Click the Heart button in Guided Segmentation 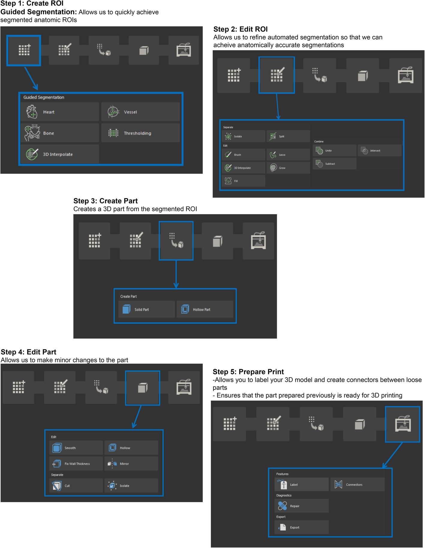click(x=60, y=112)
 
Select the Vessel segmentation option click(x=141, y=112)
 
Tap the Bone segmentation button click(x=60, y=133)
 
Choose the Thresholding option click(x=141, y=133)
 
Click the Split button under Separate click(x=288, y=136)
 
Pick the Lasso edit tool click(x=288, y=155)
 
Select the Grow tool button click(x=288, y=168)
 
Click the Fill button click(x=243, y=181)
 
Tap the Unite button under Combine click(x=334, y=150)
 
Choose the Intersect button click(x=379, y=150)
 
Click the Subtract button click(x=334, y=164)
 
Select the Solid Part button click(x=147, y=309)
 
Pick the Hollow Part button click(x=205, y=309)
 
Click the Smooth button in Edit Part click(x=76, y=448)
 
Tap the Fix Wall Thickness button click(x=76, y=464)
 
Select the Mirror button click(x=131, y=464)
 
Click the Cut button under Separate click(x=76, y=485)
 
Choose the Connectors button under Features click(x=358, y=484)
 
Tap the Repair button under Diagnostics click(x=302, y=506)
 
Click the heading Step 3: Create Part click(x=106, y=201)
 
